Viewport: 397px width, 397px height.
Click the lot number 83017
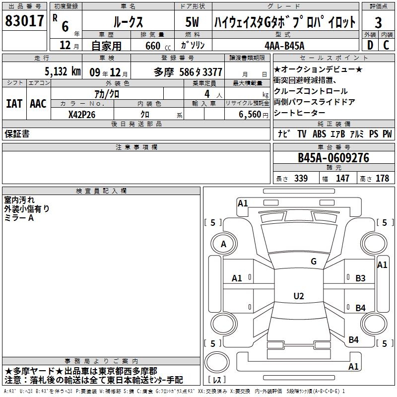pos(25,21)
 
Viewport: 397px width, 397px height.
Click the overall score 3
pos(378,22)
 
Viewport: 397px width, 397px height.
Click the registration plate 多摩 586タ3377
pos(188,72)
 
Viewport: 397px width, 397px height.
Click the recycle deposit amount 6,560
pos(250,114)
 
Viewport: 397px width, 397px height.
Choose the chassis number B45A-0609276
pos(333,158)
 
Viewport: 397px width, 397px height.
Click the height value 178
pos(382,179)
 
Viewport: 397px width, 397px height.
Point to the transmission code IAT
pos(14,104)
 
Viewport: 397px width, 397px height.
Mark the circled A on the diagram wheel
pos(223,244)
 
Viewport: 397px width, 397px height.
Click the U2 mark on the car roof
pos(298,296)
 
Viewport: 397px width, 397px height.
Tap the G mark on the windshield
pos(313,262)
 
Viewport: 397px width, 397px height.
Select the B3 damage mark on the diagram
pos(360,278)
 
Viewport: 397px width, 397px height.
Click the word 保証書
pos(17,134)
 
